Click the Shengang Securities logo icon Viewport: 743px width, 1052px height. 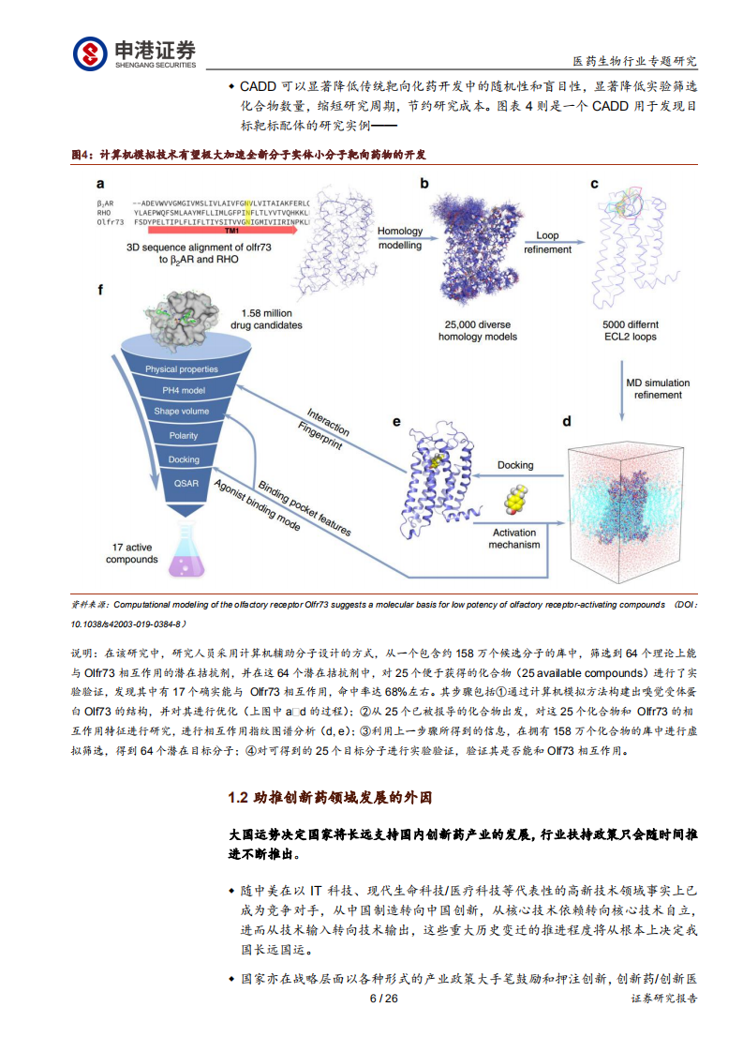click(90, 53)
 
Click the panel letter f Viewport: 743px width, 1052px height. click(100, 289)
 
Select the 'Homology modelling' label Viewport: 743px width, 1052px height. click(400, 238)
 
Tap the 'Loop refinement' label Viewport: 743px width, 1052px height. click(547, 244)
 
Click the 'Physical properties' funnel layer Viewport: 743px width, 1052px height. click(182, 368)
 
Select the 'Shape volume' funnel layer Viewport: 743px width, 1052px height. click(183, 412)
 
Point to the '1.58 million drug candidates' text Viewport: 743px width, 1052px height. click(267, 319)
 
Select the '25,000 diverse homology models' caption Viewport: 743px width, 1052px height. click(478, 331)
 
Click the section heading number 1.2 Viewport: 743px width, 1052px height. click(238, 798)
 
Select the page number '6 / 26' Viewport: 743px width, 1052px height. click(384, 999)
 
